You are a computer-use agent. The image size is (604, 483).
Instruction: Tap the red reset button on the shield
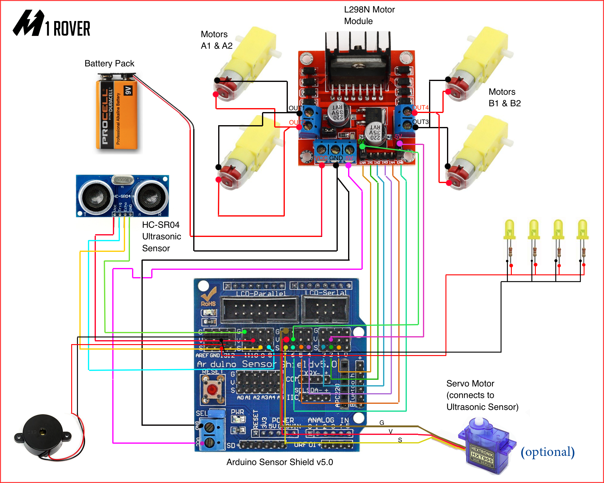212,389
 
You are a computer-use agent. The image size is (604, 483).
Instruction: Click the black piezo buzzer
43,435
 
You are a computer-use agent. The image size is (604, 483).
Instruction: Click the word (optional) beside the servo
547,452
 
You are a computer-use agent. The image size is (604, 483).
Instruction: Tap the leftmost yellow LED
509,230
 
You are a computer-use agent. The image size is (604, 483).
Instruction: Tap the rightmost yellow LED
582,230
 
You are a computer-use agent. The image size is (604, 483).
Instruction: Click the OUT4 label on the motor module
421,108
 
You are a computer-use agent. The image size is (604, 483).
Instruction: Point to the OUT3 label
421,122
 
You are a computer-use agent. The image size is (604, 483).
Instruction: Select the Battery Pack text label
109,63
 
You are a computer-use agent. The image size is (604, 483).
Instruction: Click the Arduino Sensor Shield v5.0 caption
279,462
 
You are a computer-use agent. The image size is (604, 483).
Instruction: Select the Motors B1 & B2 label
504,97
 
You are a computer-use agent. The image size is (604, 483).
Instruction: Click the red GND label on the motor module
336,158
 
